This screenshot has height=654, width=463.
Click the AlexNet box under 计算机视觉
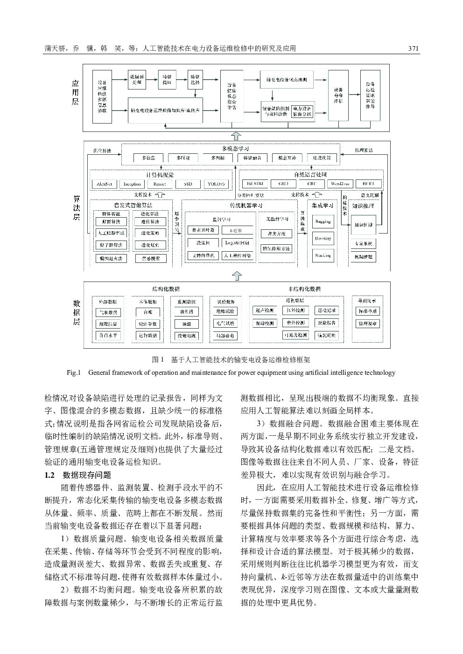[x=105, y=184]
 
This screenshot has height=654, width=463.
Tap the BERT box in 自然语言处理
[x=368, y=184]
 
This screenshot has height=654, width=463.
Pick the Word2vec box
[x=340, y=184]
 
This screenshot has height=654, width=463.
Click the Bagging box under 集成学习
[x=323, y=221]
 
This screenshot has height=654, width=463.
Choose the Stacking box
[x=323, y=255]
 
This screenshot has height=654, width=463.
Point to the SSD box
[x=188, y=184]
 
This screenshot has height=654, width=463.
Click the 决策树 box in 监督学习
[x=203, y=242]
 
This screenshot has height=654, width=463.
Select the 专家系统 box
[x=363, y=244]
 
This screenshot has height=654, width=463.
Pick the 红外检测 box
[x=295, y=310]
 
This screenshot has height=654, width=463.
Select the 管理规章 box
[x=368, y=324]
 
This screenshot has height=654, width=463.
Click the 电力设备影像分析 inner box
[x=302, y=111]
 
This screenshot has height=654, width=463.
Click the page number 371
[x=413, y=48]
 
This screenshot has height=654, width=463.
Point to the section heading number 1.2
[x=49, y=475]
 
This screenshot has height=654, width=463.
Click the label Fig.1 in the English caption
[x=74, y=372]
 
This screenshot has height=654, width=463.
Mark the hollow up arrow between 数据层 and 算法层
[x=237, y=276]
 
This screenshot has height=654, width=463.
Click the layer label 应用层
[x=75, y=92]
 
